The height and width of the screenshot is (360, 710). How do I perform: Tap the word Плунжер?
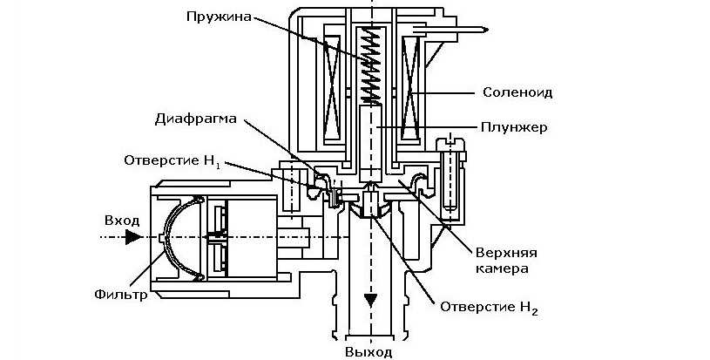pyautogui.click(x=513, y=127)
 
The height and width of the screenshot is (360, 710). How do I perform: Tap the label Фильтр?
pyautogui.click(x=120, y=294)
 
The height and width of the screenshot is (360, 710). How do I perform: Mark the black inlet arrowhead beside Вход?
pyautogui.click(x=132, y=235)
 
